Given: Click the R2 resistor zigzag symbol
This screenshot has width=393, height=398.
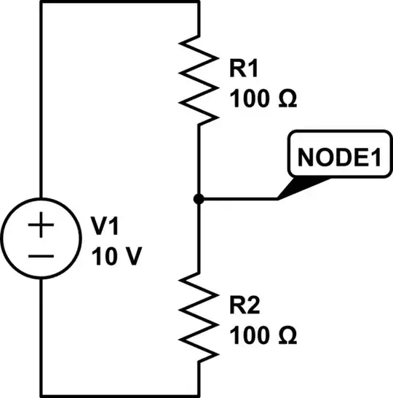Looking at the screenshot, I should pyautogui.click(x=199, y=316).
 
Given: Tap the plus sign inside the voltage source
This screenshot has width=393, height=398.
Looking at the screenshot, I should pyautogui.click(x=41, y=227).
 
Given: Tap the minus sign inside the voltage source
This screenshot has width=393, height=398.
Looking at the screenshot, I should pyautogui.click(x=41, y=256).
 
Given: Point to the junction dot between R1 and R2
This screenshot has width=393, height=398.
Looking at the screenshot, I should pyautogui.click(x=199, y=198).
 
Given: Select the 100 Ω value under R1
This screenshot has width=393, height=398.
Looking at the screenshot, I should pyautogui.click(x=263, y=97).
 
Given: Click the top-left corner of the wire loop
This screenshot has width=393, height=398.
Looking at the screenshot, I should pyautogui.click(x=41, y=2).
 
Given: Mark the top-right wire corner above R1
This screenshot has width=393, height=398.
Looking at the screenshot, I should pyautogui.click(x=199, y=2).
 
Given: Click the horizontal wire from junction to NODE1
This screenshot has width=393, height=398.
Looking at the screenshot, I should pyautogui.click(x=237, y=198).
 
